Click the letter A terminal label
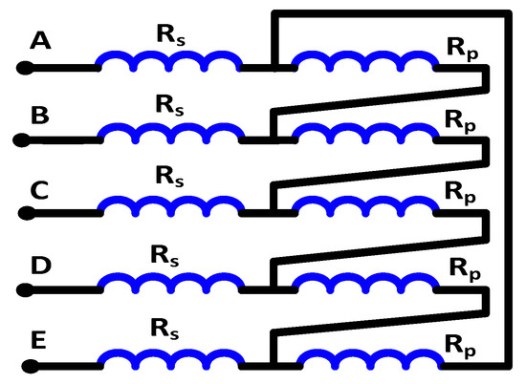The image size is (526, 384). coord(40,41)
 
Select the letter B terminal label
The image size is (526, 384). coord(40,117)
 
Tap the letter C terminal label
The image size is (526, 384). coord(40,190)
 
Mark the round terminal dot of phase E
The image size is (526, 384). coord(29,365)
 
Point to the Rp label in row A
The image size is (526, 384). coord(460,46)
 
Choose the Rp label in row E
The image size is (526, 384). coord(460,342)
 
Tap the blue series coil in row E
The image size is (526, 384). coord(168,359)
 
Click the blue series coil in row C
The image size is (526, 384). coord(168,209)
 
